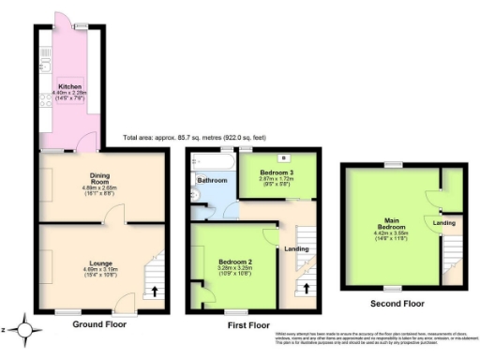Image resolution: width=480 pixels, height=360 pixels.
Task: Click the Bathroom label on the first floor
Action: coord(211,179)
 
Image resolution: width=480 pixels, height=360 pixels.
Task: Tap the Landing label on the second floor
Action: coord(443,222)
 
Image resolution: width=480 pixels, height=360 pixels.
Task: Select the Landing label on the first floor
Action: coord(296,248)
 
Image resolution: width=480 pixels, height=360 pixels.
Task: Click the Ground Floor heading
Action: coord(98,324)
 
